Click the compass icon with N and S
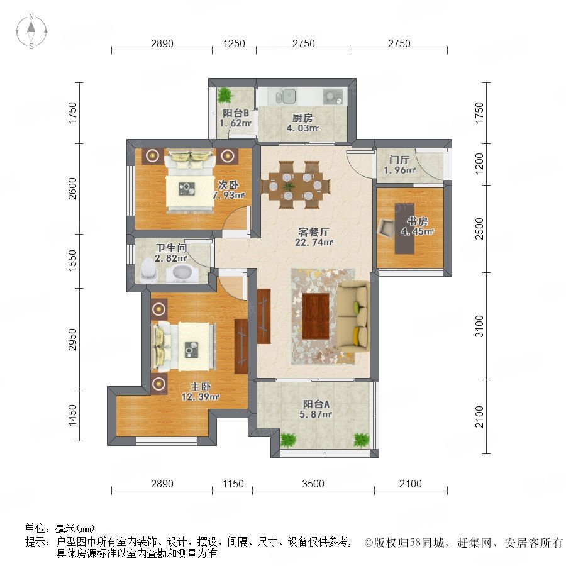coord(31,31)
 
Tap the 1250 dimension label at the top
coord(234,43)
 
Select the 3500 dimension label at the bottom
coord(313,484)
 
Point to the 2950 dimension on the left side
coord(72,340)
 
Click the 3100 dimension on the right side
coord(479,326)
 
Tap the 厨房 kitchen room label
coord(302,118)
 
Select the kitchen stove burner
coord(333,96)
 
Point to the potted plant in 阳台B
coord(225,95)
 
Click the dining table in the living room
coord(296,186)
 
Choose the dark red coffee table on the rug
coord(316,316)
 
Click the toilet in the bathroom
coord(148,270)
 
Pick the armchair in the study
coord(387,228)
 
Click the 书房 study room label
coord(418,221)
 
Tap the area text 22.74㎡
coord(314,242)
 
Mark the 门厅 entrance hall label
coord(399,160)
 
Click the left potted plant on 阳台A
coord(288,440)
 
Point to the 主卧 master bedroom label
coord(201,387)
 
